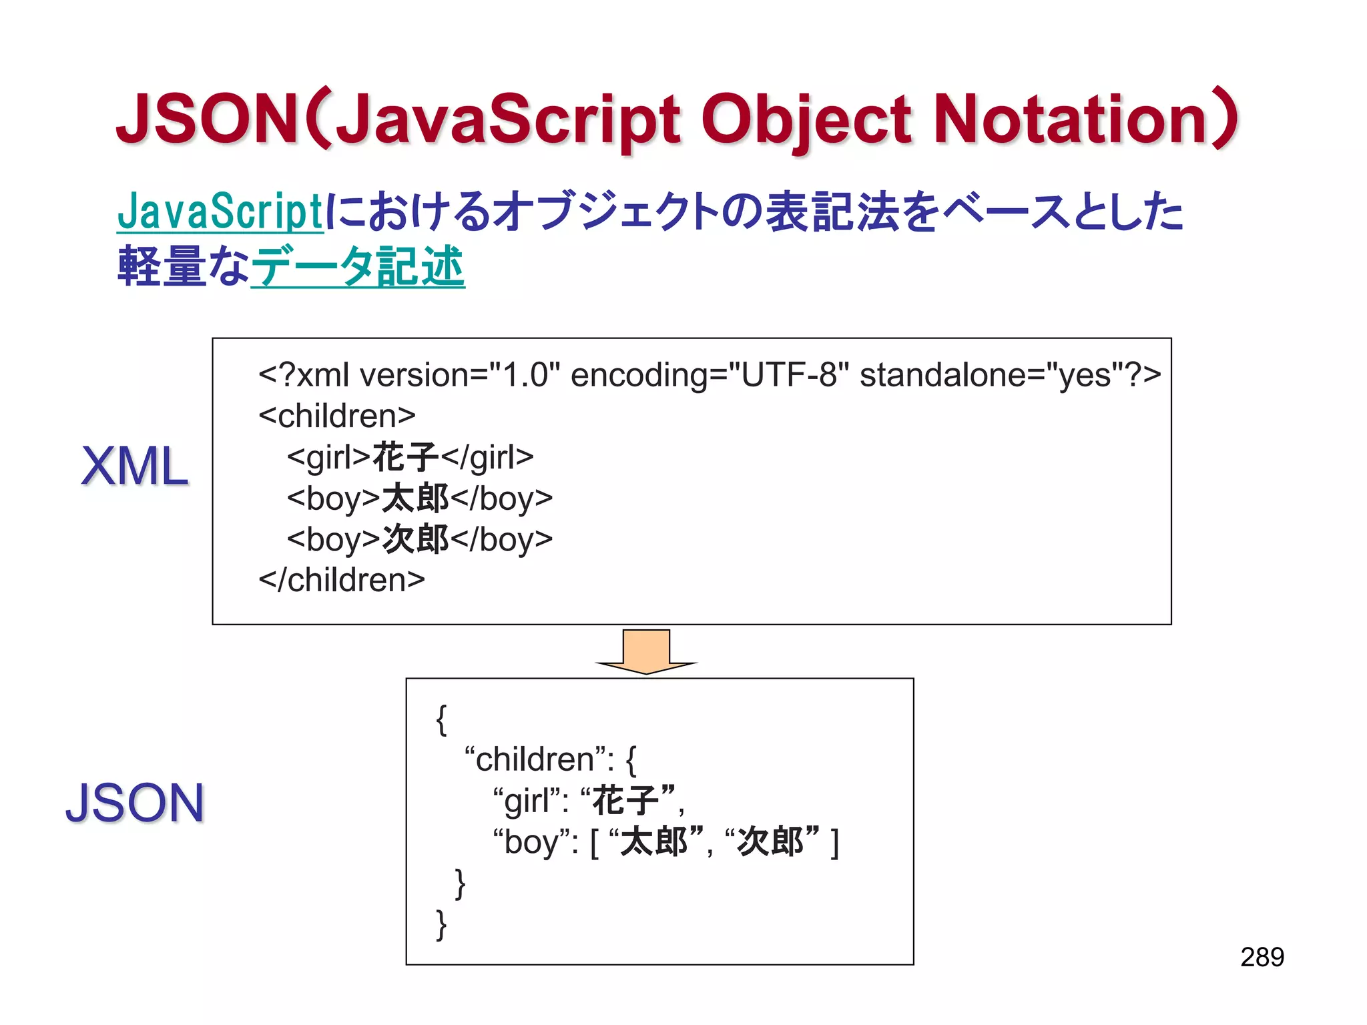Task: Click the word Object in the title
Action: pos(806,120)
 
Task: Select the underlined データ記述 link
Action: pos(358,267)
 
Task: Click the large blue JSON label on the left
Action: pos(135,803)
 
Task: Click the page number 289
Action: pos(1262,957)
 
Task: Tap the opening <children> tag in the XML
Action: pos(337,416)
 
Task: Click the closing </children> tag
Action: pos(342,580)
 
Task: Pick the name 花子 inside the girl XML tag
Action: pos(405,458)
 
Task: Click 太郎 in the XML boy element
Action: pos(415,498)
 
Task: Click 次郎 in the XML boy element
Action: pos(415,539)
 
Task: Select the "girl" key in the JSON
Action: pos(531,801)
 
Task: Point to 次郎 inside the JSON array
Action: pos(771,841)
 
